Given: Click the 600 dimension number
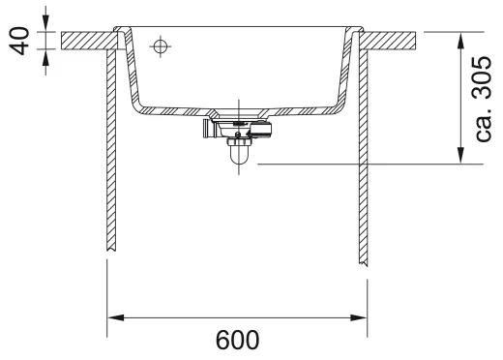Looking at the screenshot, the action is pyautogui.click(x=237, y=340).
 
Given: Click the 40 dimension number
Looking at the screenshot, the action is pyautogui.click(x=19, y=41).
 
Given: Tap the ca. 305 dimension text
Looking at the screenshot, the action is pyautogui.click(x=483, y=99).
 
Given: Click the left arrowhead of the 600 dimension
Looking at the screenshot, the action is pyautogui.click(x=115, y=317).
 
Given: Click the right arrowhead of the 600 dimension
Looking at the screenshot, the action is pyautogui.click(x=359, y=317).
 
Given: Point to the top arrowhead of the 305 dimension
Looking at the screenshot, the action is pyautogui.click(x=460, y=41).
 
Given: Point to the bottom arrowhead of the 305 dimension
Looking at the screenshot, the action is pyautogui.click(x=460, y=156).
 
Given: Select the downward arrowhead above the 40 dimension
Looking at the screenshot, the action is pyautogui.click(x=45, y=23).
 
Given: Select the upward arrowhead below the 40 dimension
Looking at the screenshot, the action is pyautogui.click(x=45, y=58).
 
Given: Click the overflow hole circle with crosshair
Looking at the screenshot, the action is pyautogui.click(x=161, y=46).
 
